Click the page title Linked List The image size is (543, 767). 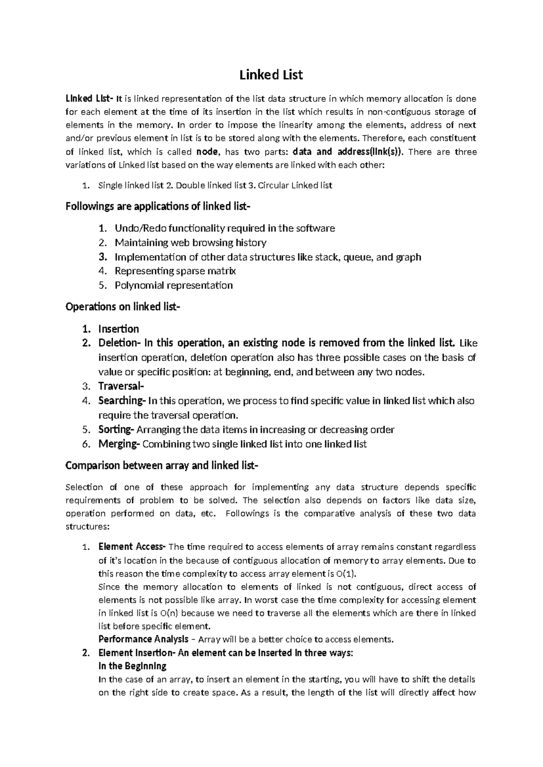pyautogui.click(x=271, y=75)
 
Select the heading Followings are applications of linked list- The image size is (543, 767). pyautogui.click(x=157, y=207)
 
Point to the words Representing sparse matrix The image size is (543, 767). pyautogui.click(x=175, y=271)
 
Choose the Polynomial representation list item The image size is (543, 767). pyautogui.click(x=174, y=285)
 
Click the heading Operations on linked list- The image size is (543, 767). pyautogui.click(x=123, y=307)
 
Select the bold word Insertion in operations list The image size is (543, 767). pyautogui.click(x=119, y=329)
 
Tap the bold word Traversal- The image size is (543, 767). pyautogui.click(x=121, y=386)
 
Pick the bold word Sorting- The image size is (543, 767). pyautogui.click(x=116, y=430)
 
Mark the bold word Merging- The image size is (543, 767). pyautogui.click(x=119, y=444)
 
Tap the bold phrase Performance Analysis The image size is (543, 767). pyautogui.click(x=143, y=639)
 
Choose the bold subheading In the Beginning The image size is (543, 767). pyautogui.click(x=132, y=666)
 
